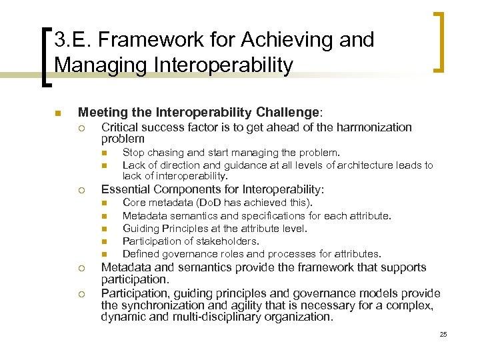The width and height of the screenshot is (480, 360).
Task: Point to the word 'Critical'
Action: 119,127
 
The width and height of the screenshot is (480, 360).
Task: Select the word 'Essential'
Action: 123,189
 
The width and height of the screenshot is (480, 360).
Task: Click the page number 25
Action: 443,334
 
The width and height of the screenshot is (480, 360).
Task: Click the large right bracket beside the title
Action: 440,41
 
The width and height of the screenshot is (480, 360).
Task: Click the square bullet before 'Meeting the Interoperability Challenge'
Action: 58,113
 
